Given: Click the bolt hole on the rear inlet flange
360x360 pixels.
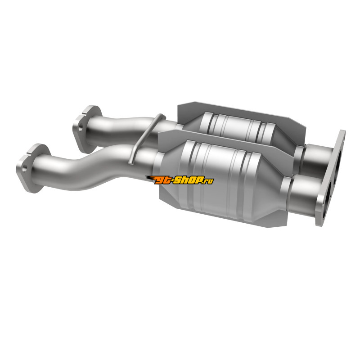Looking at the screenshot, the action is pos(81,128).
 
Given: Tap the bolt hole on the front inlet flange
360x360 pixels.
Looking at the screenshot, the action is pos(25,167).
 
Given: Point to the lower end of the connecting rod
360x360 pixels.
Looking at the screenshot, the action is pos(130,162).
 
